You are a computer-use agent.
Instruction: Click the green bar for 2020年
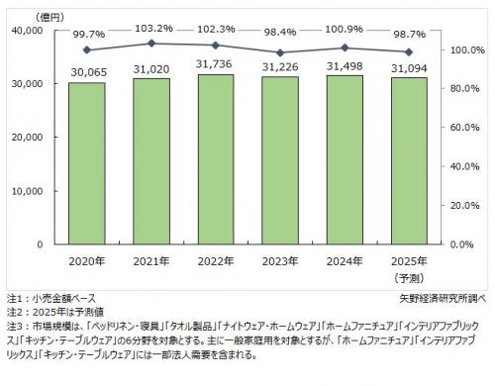[87, 163]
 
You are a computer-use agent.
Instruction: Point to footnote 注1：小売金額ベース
[49, 297]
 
